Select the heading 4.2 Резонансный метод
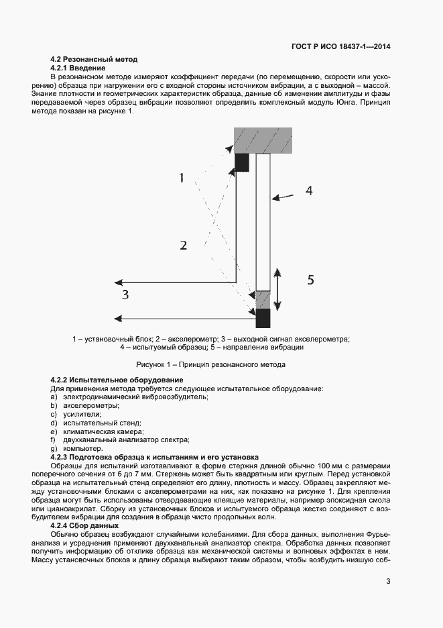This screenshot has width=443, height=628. (94, 60)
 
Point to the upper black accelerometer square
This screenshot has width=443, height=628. (242, 162)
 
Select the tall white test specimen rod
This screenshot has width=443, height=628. (263, 221)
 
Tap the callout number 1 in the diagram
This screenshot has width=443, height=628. (181, 178)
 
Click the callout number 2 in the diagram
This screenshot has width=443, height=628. (183, 246)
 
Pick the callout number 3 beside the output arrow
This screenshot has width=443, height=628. (125, 294)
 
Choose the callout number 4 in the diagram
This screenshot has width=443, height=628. (309, 191)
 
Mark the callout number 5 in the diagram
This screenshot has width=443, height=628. (310, 280)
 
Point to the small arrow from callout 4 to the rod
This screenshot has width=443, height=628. (283, 196)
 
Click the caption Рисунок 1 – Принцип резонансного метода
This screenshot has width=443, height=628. (211, 365)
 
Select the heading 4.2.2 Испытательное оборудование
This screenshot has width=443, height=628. (112, 380)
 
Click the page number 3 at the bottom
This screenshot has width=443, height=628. (388, 581)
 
